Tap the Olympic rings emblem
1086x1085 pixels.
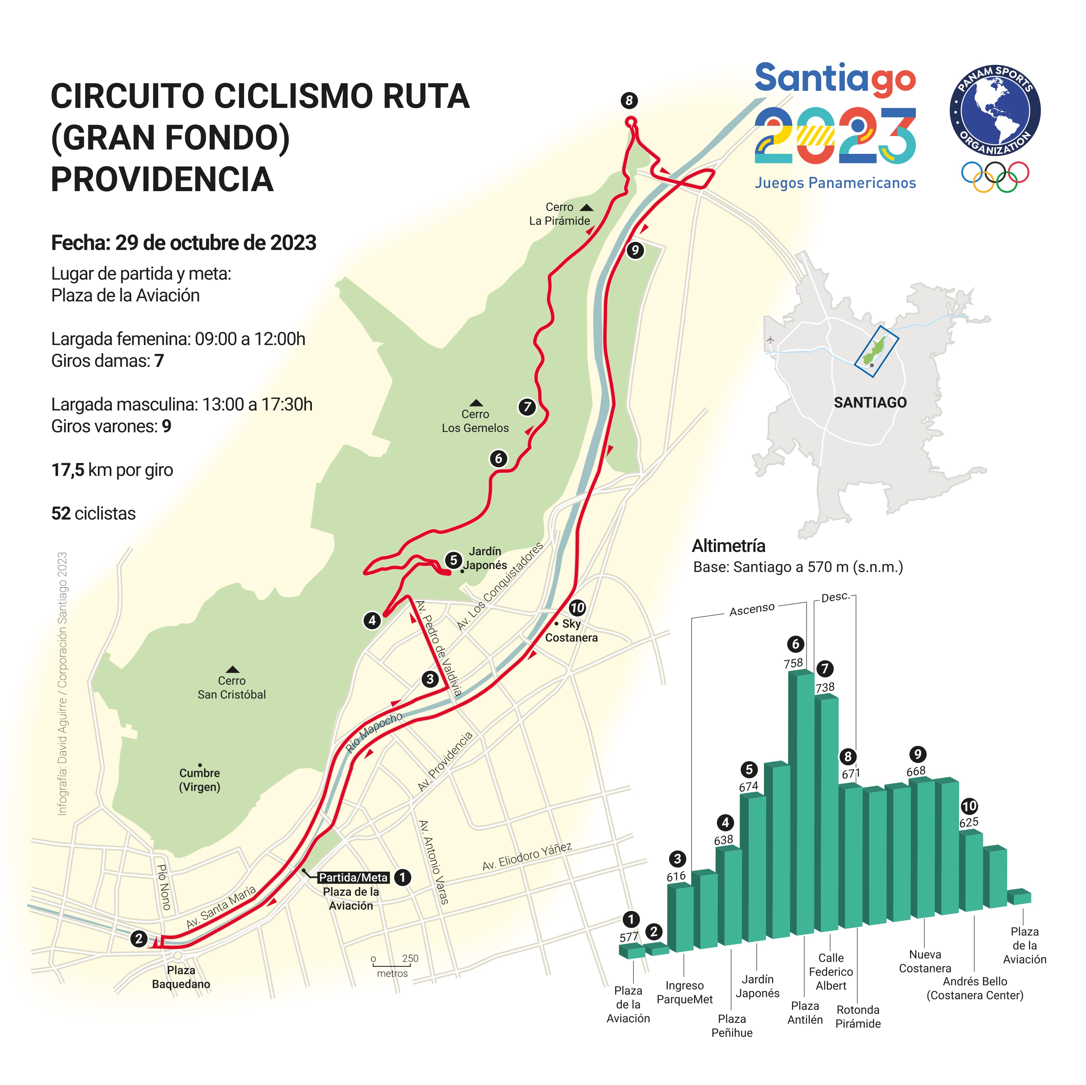point(994,176)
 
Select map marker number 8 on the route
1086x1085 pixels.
point(629,101)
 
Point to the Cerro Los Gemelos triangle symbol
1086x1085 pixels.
point(476,403)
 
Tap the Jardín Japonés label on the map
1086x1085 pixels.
point(485,558)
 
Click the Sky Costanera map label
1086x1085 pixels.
point(571,631)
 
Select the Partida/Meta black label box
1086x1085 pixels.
point(353,878)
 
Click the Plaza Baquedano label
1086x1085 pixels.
point(181,977)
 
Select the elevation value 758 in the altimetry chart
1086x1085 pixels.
point(793,663)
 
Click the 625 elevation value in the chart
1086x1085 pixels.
point(969,822)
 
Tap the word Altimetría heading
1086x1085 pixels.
point(728,546)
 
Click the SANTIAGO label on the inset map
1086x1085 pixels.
point(870,403)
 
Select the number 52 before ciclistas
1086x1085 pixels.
point(61,514)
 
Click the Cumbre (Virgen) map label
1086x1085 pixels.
point(199,780)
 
